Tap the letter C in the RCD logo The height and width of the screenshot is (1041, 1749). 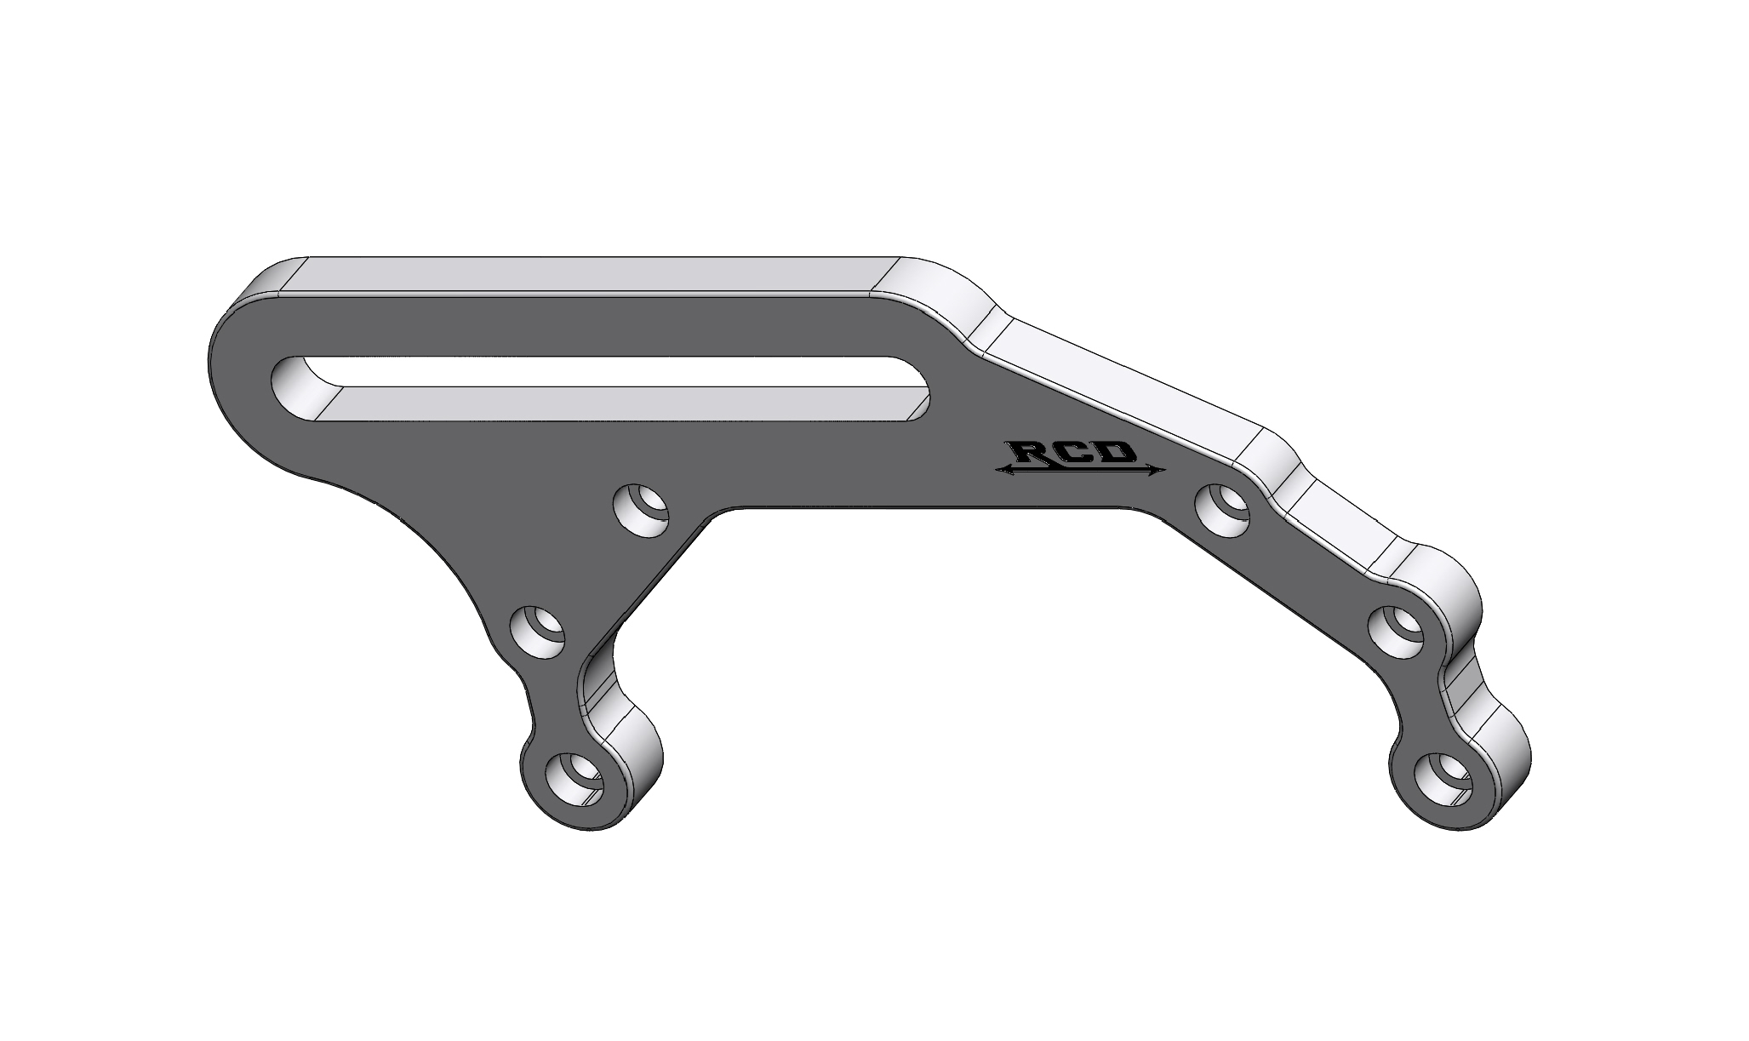1076,453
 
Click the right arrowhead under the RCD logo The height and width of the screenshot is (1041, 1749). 1156,470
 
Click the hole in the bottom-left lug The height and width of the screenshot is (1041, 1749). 578,779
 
